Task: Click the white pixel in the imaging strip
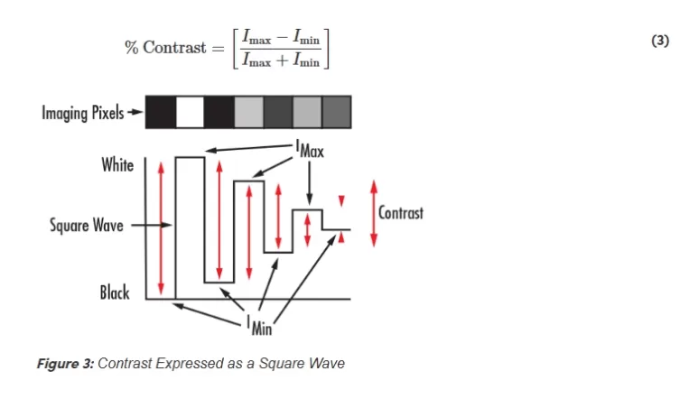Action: point(190,113)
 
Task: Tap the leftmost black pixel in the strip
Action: point(160,113)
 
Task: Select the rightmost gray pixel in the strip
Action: point(337,113)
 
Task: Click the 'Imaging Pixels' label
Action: point(82,114)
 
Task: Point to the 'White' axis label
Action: point(117,166)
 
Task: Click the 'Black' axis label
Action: point(115,292)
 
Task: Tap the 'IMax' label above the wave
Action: point(310,150)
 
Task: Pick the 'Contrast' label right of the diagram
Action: point(400,214)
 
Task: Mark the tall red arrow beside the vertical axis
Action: point(162,227)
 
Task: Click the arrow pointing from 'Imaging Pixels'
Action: point(135,114)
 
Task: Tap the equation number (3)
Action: point(659,42)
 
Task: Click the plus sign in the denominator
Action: point(281,60)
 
